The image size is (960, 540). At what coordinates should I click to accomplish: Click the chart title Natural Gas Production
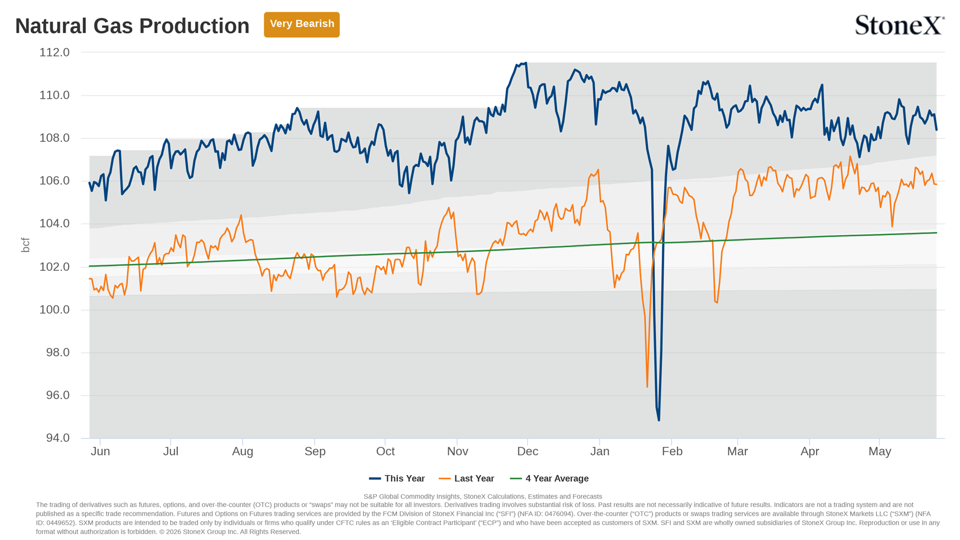click(132, 26)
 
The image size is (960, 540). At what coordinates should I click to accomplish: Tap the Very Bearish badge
click(301, 24)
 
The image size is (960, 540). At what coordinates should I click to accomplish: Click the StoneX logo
click(900, 25)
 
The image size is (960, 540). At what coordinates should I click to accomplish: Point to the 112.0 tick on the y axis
click(54, 52)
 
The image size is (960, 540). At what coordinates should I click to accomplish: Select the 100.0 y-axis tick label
click(54, 310)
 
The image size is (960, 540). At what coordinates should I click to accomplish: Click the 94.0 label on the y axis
click(58, 438)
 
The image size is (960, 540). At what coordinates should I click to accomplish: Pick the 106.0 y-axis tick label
click(54, 181)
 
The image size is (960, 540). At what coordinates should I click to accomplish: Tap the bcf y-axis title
click(25, 245)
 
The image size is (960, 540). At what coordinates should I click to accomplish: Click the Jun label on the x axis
click(100, 452)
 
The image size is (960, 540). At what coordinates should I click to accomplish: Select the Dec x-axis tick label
click(527, 452)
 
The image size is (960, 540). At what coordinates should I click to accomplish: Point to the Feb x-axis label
click(672, 452)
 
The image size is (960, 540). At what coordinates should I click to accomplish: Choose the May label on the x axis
click(880, 452)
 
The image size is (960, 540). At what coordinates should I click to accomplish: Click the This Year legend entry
click(397, 479)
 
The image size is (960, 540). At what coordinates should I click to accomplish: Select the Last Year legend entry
click(467, 479)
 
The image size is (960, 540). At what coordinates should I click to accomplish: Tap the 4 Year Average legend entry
click(549, 479)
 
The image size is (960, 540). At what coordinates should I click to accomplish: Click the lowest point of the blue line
click(659, 420)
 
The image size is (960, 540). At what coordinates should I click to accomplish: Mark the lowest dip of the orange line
click(647, 387)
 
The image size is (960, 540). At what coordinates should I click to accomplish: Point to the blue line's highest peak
click(526, 63)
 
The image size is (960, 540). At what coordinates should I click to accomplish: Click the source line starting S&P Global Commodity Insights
click(483, 496)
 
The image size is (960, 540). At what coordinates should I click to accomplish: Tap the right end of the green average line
click(936, 233)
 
